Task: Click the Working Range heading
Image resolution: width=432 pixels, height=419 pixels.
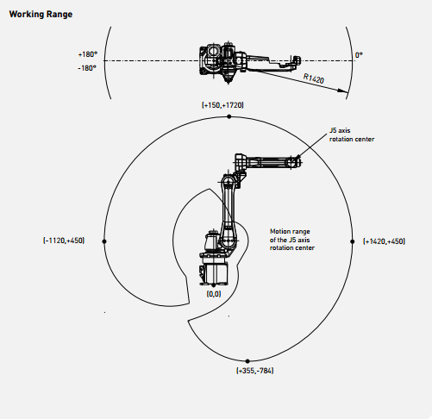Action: click(x=41, y=14)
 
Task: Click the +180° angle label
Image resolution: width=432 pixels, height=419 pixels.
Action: click(x=88, y=54)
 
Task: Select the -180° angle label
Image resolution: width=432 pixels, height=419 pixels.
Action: click(x=87, y=68)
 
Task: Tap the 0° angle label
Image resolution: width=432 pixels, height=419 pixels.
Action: click(x=359, y=55)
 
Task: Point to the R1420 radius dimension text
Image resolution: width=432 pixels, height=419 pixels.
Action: click(x=314, y=78)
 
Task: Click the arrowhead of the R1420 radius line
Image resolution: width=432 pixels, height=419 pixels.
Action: click(x=343, y=91)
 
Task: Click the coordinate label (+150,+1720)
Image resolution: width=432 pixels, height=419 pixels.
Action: click(x=222, y=105)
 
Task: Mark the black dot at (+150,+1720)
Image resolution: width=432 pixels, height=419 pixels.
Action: click(x=229, y=116)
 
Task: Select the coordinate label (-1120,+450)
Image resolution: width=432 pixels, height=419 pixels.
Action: click(x=64, y=241)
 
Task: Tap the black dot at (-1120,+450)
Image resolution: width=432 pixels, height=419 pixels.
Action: click(x=104, y=241)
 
